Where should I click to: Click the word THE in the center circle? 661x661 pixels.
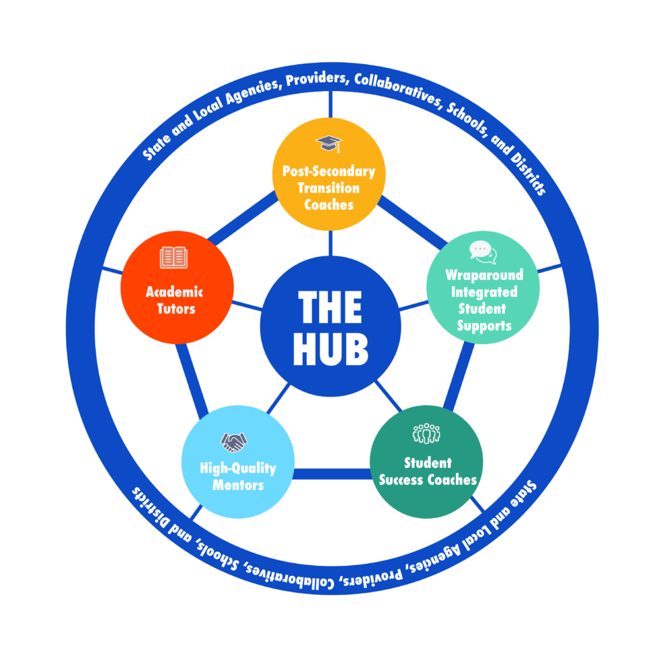330,308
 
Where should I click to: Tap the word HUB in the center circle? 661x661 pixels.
330,349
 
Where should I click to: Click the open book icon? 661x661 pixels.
174,257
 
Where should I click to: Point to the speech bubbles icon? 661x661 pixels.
483,252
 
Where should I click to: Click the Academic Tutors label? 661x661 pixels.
175,300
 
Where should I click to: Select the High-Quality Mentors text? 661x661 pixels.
237,476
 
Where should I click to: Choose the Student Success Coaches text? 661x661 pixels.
428,471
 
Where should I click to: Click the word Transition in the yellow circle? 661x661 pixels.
328,188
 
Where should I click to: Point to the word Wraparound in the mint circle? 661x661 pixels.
484,275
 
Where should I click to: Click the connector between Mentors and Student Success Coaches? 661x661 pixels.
332,473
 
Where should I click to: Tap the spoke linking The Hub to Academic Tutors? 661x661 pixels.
246,305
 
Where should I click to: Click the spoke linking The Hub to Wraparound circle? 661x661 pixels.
413,306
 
